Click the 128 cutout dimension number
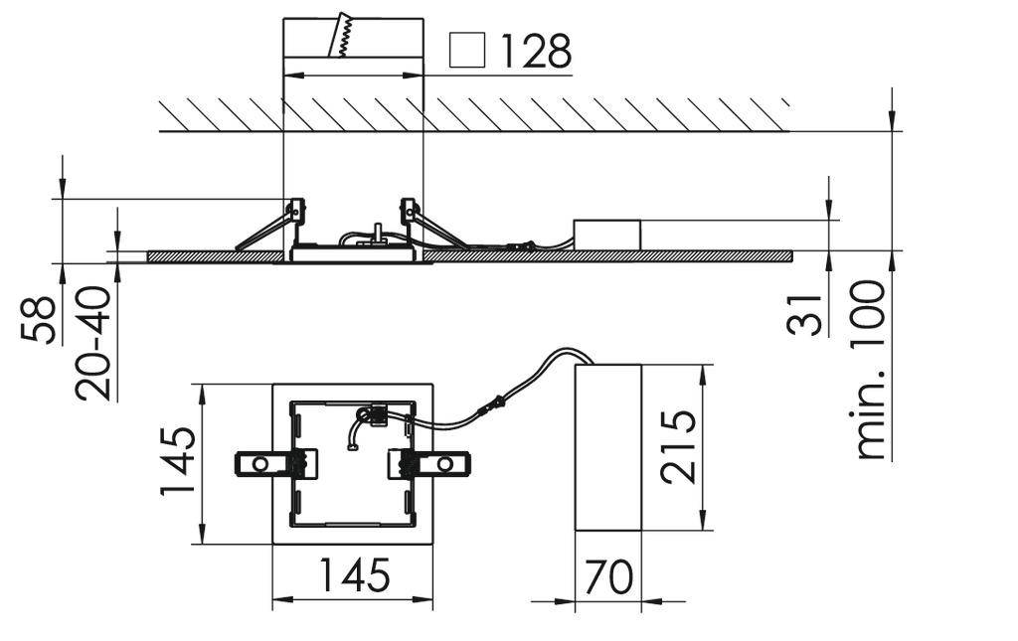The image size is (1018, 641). click(535, 51)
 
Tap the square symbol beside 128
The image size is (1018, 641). click(467, 51)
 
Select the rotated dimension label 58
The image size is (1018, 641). click(39, 317)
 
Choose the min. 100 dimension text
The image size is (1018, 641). click(870, 369)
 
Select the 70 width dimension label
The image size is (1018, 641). click(608, 576)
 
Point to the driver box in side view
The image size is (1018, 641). click(606, 235)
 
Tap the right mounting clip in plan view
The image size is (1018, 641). click(433, 464)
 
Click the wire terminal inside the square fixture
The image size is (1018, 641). click(375, 413)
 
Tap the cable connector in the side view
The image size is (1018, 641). click(522, 244)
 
